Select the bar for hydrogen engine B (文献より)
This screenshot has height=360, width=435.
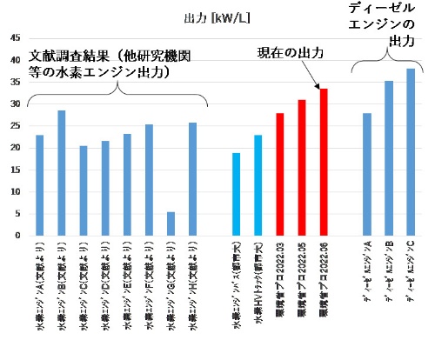coord(62,173)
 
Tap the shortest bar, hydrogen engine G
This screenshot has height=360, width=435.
coord(171,223)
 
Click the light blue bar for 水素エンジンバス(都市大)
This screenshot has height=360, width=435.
coord(237,194)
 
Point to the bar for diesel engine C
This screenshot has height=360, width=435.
coord(410,152)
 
